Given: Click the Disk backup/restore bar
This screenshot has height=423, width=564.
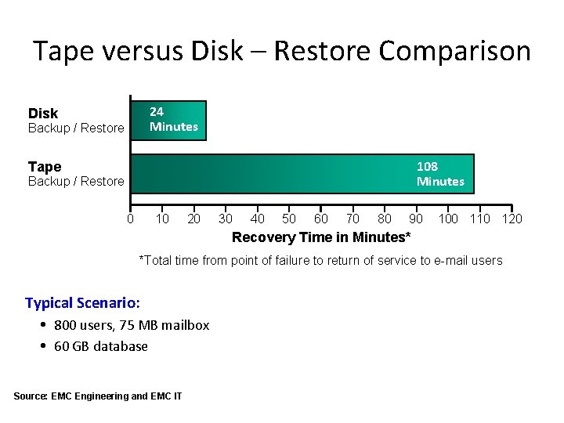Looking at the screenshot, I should point(168,120).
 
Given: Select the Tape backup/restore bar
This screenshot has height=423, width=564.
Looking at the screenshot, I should point(302,173).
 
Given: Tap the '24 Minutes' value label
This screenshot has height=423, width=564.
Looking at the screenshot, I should point(174,120).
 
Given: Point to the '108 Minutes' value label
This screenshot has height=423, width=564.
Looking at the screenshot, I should point(440,174).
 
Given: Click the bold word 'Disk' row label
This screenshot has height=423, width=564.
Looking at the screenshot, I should point(43,114).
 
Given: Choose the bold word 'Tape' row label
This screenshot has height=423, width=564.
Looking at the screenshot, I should point(45,167).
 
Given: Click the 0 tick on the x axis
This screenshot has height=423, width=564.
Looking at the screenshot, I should point(131,219).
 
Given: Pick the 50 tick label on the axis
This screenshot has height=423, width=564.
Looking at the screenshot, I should point(289,219).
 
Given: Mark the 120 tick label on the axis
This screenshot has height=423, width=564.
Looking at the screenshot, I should point(512,219).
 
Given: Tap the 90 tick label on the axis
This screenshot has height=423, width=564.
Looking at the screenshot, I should point(416,219).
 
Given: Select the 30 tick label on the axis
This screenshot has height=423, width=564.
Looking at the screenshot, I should point(226,219).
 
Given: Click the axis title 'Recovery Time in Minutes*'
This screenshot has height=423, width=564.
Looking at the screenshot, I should point(321,237).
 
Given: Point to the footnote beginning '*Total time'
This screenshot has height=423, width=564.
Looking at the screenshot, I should point(320,261).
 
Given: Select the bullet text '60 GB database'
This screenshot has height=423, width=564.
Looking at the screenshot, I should point(100,346).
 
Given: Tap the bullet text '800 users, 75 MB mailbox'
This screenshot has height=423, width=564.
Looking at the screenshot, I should point(132,325).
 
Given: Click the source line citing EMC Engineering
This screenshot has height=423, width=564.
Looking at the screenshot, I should point(98,396).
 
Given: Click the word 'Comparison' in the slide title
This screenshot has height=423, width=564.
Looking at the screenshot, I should point(454,52).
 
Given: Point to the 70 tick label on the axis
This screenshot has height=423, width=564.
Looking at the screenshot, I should point(352,219).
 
